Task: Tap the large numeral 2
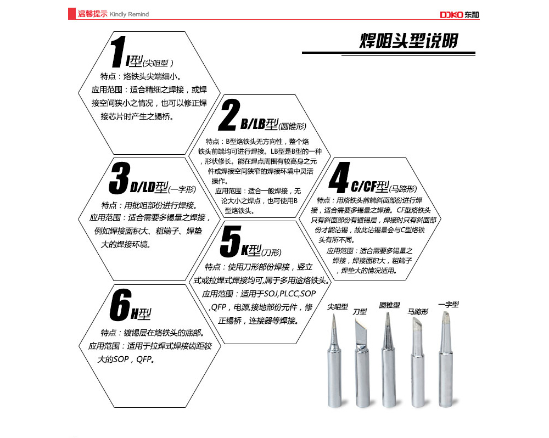click(229, 115)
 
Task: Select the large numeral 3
click(119, 178)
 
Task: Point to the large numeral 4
click(339, 177)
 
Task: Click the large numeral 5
click(231, 242)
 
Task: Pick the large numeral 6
click(120, 305)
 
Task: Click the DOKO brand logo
click(460, 15)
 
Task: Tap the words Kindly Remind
click(129, 14)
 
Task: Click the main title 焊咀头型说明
click(408, 41)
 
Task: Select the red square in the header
click(72, 14)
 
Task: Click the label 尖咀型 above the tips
click(338, 307)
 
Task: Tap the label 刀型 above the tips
click(360, 312)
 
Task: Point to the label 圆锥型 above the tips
click(389, 305)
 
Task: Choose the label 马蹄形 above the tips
click(418, 312)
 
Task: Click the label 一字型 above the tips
click(449, 305)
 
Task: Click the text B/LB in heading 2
click(252, 124)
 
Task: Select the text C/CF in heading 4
click(363, 187)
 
